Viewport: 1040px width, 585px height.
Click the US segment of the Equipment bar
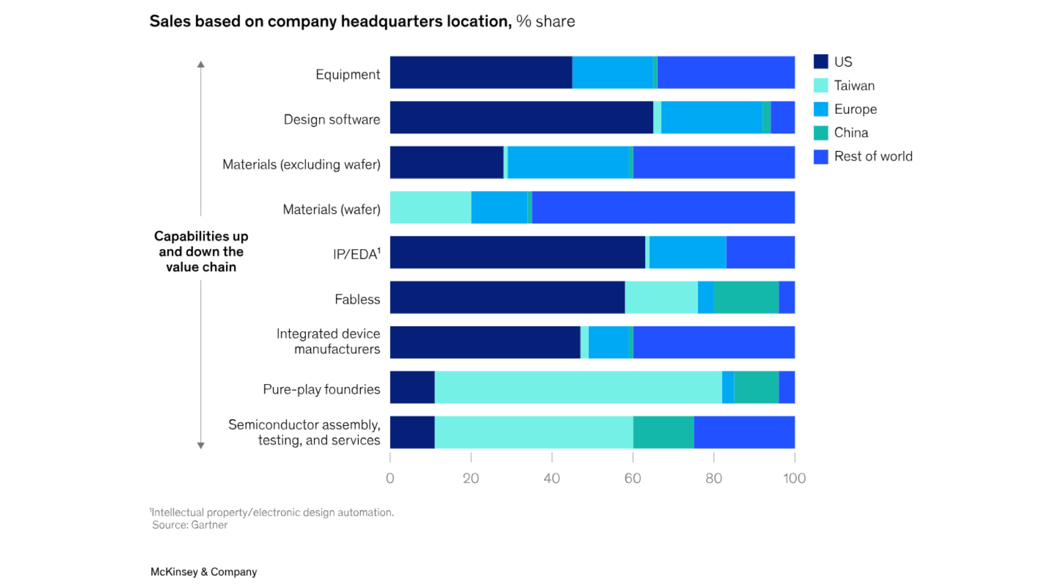(481, 73)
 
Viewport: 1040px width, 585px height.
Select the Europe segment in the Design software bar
(712, 118)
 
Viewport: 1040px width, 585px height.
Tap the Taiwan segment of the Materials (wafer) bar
(431, 207)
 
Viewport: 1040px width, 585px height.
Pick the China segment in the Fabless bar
(746, 297)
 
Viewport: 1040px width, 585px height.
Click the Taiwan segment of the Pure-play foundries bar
(578, 387)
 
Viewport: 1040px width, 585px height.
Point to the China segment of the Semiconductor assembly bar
(664, 432)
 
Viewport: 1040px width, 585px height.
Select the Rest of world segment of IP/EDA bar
(760, 252)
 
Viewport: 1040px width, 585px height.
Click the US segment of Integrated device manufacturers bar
(485, 342)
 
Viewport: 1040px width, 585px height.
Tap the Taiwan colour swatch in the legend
(821, 86)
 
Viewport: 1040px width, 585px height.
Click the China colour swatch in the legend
(821, 133)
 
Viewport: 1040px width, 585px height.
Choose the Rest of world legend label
(873, 157)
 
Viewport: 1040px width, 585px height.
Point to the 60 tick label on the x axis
(633, 478)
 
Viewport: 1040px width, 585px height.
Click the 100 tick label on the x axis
(795, 478)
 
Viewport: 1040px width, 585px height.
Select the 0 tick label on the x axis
(390, 478)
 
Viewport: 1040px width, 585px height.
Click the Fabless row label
(357, 300)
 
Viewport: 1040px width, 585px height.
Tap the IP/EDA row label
(356, 254)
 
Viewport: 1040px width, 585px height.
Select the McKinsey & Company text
(204, 572)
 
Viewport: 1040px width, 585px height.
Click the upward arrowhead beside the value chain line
(201, 64)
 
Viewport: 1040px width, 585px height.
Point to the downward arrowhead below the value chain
(201, 445)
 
